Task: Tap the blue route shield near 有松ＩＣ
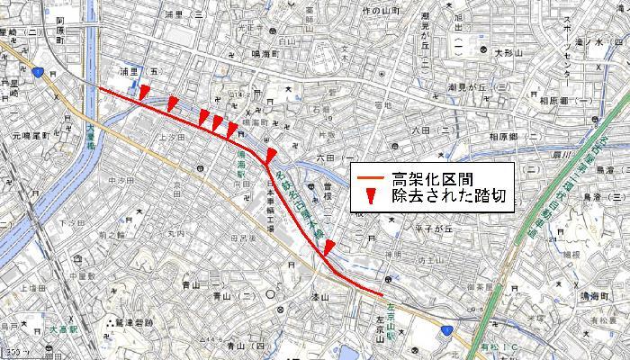pos(447,333)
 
